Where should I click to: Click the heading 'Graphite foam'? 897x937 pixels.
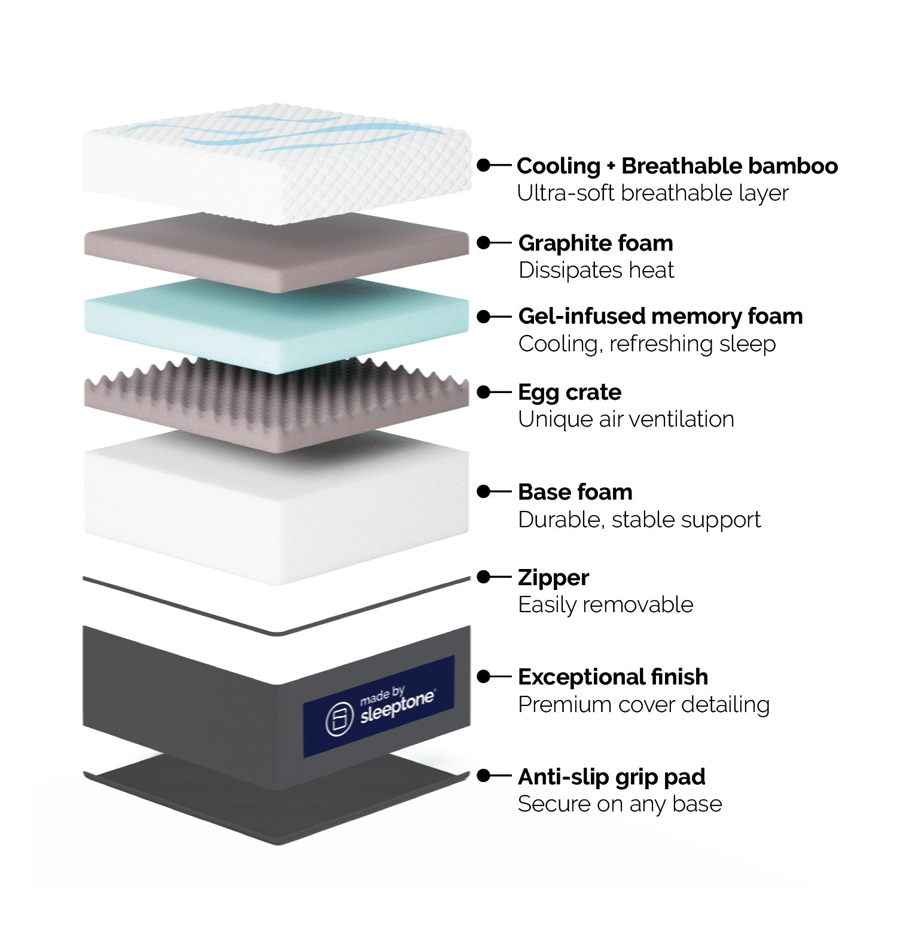pos(596,243)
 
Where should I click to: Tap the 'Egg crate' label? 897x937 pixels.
pos(570,392)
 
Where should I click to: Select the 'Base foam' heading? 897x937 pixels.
pos(575,492)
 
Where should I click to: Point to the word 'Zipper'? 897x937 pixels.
pos(553,577)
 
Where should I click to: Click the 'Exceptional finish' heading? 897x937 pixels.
pos(613,677)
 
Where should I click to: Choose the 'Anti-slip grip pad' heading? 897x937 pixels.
pos(611,777)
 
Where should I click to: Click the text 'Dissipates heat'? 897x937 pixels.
pos(596,270)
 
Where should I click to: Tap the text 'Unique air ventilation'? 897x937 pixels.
pos(626,419)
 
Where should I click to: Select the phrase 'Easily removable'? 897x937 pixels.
pos(606,605)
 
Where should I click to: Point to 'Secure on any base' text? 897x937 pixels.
pos(620,804)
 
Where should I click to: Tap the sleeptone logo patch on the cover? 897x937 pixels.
pos(378,707)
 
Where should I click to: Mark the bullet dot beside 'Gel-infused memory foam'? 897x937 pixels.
pos(483,317)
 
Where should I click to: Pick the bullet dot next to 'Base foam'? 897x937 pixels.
pos(483,492)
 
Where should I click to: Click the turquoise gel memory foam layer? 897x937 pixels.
pos(275,326)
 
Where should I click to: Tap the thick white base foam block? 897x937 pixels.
pos(275,509)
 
